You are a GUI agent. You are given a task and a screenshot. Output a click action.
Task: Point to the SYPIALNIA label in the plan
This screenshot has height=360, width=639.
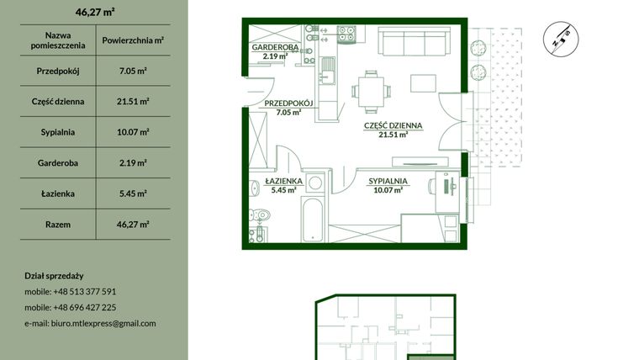pyautogui.click(x=388, y=181)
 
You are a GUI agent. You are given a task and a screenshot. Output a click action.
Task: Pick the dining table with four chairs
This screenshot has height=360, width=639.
pyautogui.click(x=367, y=87)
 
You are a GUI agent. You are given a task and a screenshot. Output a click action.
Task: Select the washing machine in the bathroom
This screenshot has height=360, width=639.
pyautogui.click(x=314, y=183)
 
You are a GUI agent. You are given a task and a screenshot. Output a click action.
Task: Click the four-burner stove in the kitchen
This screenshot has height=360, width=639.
pyautogui.click(x=346, y=34)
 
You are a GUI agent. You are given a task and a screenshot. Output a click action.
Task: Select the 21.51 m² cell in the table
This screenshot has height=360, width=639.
pyautogui.click(x=134, y=101)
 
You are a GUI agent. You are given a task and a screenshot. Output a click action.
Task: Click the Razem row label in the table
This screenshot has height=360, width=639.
pyautogui.click(x=58, y=225)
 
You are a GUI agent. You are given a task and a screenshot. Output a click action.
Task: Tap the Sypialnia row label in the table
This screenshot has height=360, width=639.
pyautogui.click(x=58, y=132)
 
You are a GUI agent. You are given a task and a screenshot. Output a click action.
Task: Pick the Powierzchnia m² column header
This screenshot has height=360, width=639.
pyautogui.click(x=134, y=40)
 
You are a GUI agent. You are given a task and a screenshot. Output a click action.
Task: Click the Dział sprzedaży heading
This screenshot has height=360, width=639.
pyautogui.click(x=55, y=276)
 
